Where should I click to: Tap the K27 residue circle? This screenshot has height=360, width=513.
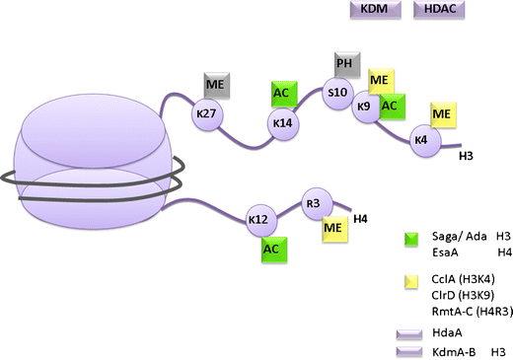coord(206,114)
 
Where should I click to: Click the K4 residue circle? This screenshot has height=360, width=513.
coord(422,140)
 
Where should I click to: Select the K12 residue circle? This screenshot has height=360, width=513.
coord(259,219)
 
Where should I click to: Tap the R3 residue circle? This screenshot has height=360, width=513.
coord(314,201)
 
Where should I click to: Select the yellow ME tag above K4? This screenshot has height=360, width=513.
coord(442,114)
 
